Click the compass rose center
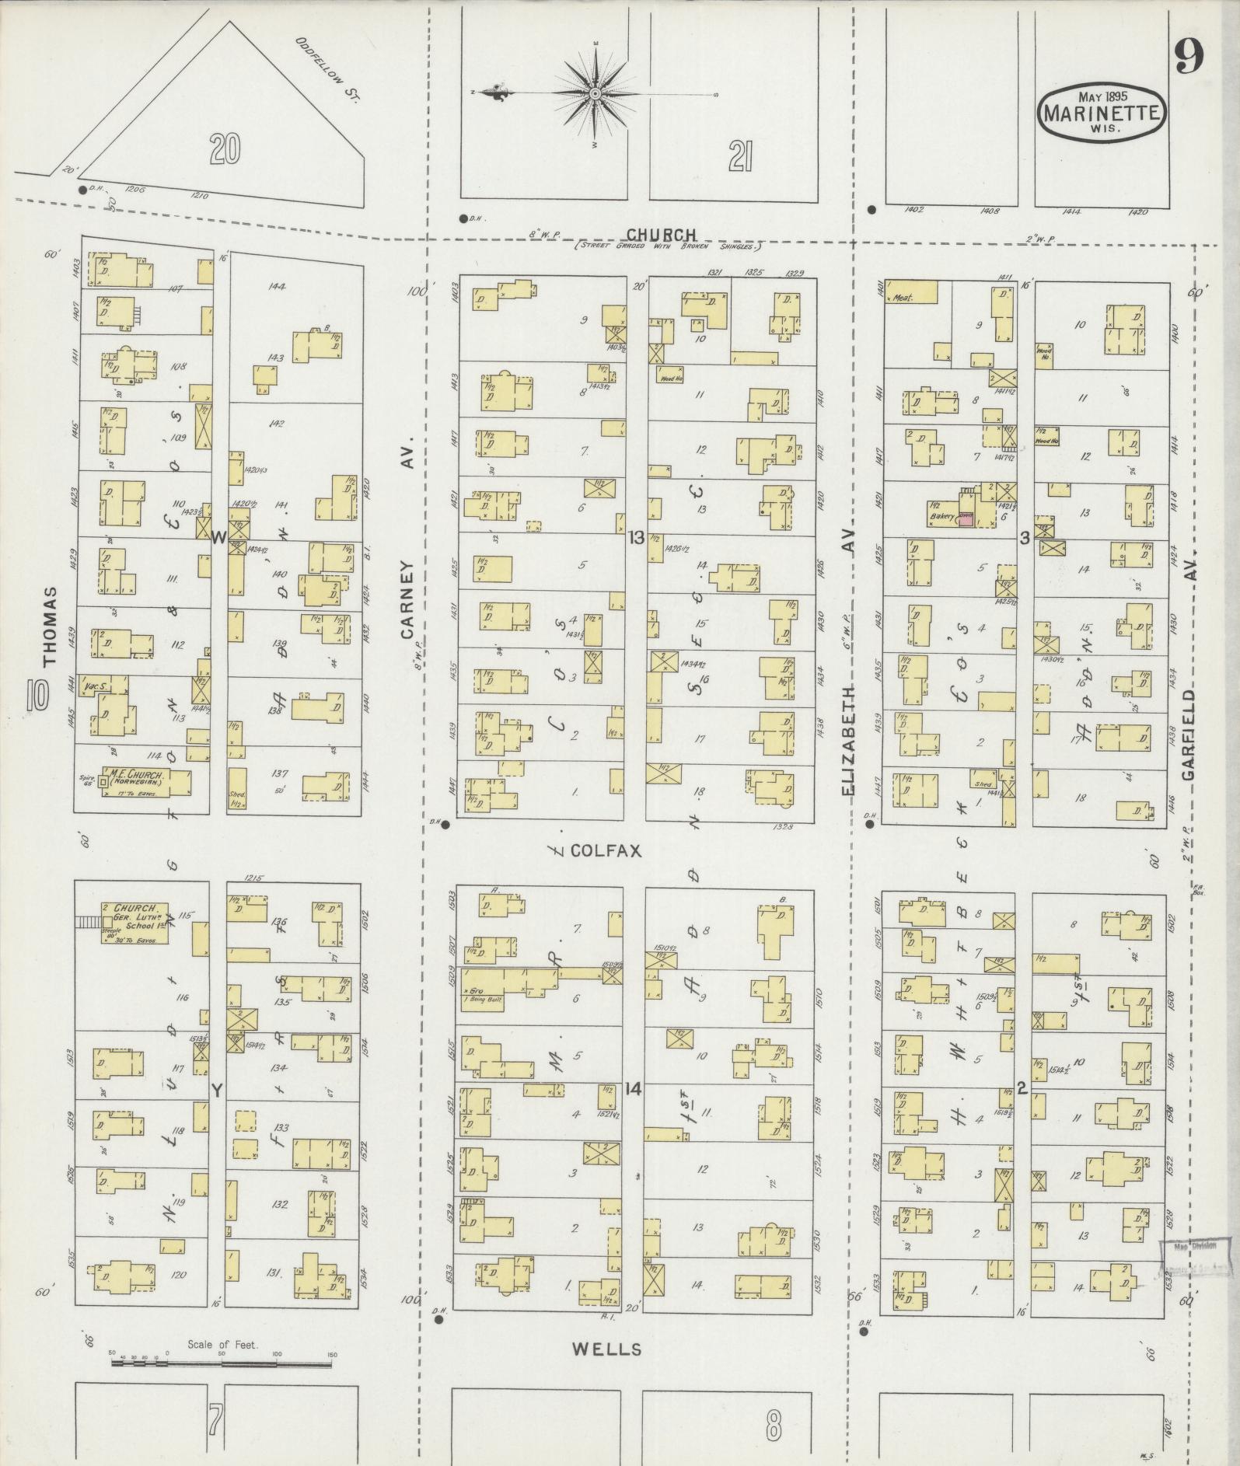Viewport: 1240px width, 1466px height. tap(595, 94)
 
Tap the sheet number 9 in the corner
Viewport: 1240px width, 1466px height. tap(1189, 57)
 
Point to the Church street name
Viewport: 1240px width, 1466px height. tap(661, 234)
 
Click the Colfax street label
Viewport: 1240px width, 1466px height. tap(606, 851)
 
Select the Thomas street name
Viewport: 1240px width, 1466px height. tap(50, 627)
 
